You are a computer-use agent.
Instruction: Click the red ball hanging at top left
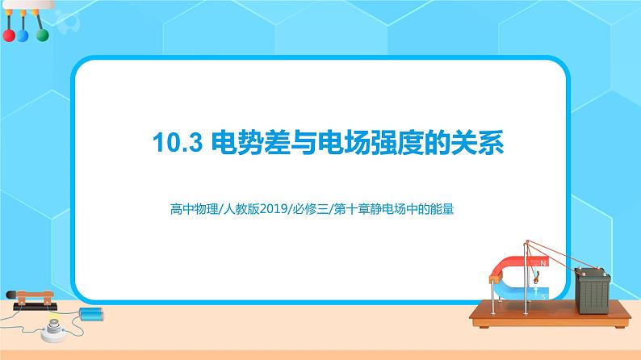[x=9, y=36]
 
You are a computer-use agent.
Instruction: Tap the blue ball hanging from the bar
[x=23, y=36]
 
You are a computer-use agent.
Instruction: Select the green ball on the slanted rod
[x=41, y=35]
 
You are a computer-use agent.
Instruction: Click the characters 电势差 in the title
[x=243, y=143]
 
